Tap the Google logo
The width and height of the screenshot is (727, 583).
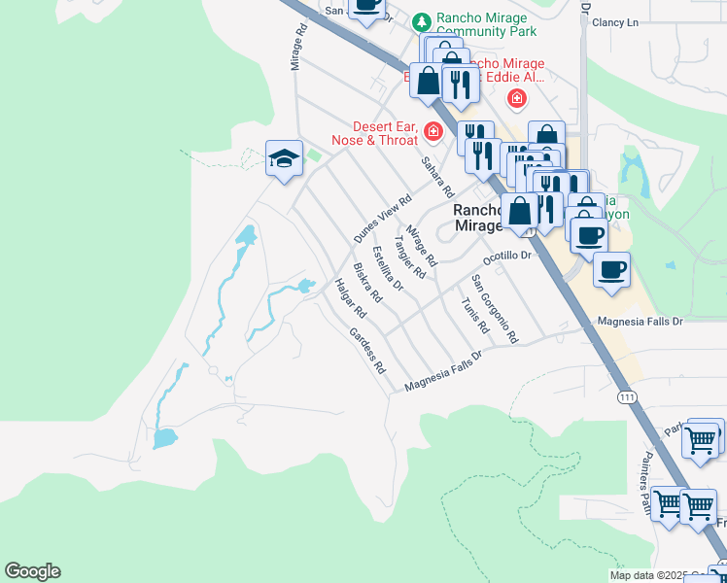32,571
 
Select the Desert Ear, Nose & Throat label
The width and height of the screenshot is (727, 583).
384,136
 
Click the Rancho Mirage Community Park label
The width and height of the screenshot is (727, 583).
481,24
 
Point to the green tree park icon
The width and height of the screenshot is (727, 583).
421,20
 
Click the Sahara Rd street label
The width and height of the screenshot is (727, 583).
437,175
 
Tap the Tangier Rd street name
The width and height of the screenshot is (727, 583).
409,257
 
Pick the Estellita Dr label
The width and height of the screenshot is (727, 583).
388,268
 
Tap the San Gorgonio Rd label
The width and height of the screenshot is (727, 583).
495,308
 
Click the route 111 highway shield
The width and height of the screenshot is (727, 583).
628,397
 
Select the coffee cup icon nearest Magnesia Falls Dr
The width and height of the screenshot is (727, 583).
610,271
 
